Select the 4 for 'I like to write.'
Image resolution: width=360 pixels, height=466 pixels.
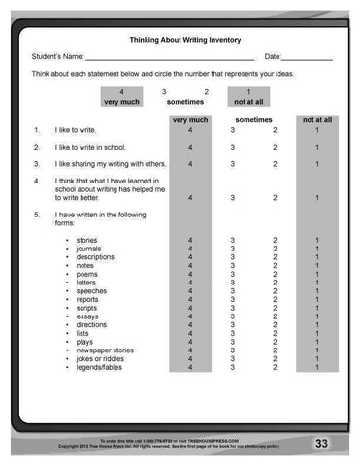190,129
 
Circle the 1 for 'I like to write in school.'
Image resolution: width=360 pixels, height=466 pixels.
316,148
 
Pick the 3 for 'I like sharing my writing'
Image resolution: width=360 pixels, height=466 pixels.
232,164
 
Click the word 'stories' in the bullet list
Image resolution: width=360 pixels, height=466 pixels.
86,239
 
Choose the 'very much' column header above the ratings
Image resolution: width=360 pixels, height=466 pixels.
190,119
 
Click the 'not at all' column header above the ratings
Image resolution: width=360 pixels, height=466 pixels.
316,119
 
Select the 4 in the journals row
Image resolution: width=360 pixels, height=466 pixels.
190,248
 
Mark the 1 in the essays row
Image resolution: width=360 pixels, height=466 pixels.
316,316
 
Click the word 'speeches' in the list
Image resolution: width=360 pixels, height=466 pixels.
91,290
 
